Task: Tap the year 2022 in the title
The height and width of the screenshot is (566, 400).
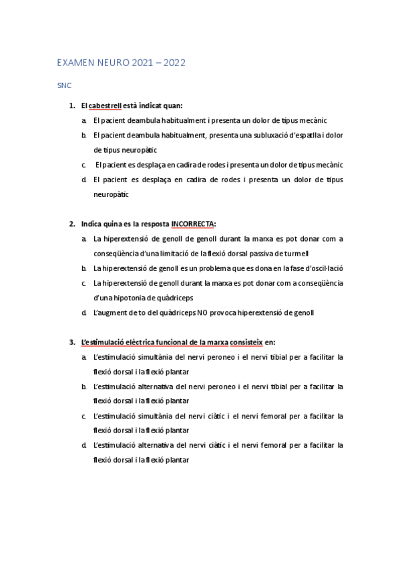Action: (x=174, y=63)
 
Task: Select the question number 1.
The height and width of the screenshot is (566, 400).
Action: (x=71, y=105)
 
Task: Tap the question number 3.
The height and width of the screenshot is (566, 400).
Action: (x=71, y=342)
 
